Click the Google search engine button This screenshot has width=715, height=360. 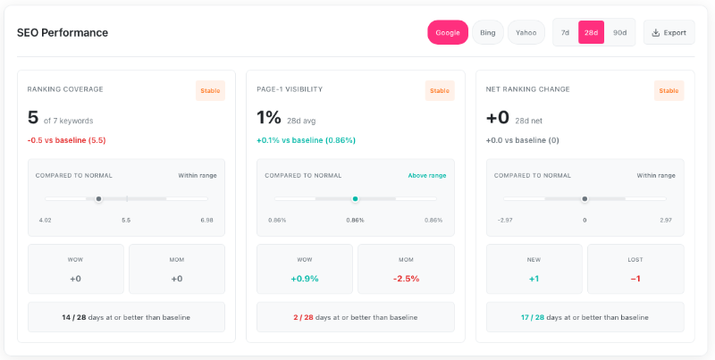tap(447, 33)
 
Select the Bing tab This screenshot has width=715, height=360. tap(487, 33)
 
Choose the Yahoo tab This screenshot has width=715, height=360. tap(526, 33)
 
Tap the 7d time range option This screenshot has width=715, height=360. tap(565, 33)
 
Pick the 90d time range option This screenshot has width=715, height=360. tap(619, 33)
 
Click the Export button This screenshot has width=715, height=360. tap(669, 33)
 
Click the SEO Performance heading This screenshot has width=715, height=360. tap(63, 33)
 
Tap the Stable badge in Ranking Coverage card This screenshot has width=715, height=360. tap(210, 90)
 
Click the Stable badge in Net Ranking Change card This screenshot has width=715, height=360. tap(669, 90)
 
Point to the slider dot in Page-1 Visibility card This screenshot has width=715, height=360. tap(355, 198)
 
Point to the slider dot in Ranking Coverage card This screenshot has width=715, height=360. tap(98, 198)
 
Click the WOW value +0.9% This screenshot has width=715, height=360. tap(305, 279)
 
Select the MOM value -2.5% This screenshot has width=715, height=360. tap(406, 279)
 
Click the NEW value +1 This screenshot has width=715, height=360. tap(534, 279)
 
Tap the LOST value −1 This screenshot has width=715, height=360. tap(635, 279)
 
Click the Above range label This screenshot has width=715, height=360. tap(426, 175)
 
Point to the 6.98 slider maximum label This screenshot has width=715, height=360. tap(206, 220)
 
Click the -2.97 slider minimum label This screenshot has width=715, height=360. tap(506, 220)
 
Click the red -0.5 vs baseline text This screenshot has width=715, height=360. tap(67, 140)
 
